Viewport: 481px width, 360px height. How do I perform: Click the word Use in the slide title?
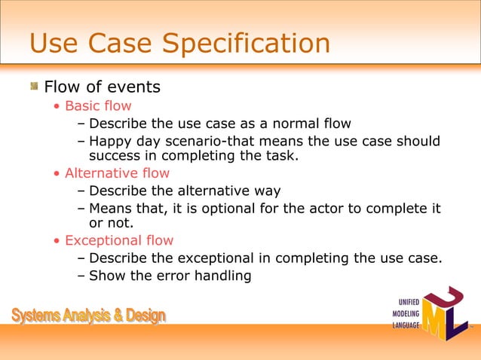(54, 43)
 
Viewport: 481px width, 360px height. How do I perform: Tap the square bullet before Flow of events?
(34, 87)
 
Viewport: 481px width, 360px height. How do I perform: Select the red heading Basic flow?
(98, 106)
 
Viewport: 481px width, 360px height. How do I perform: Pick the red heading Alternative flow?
(117, 173)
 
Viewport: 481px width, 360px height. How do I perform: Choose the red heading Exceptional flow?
(119, 241)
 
